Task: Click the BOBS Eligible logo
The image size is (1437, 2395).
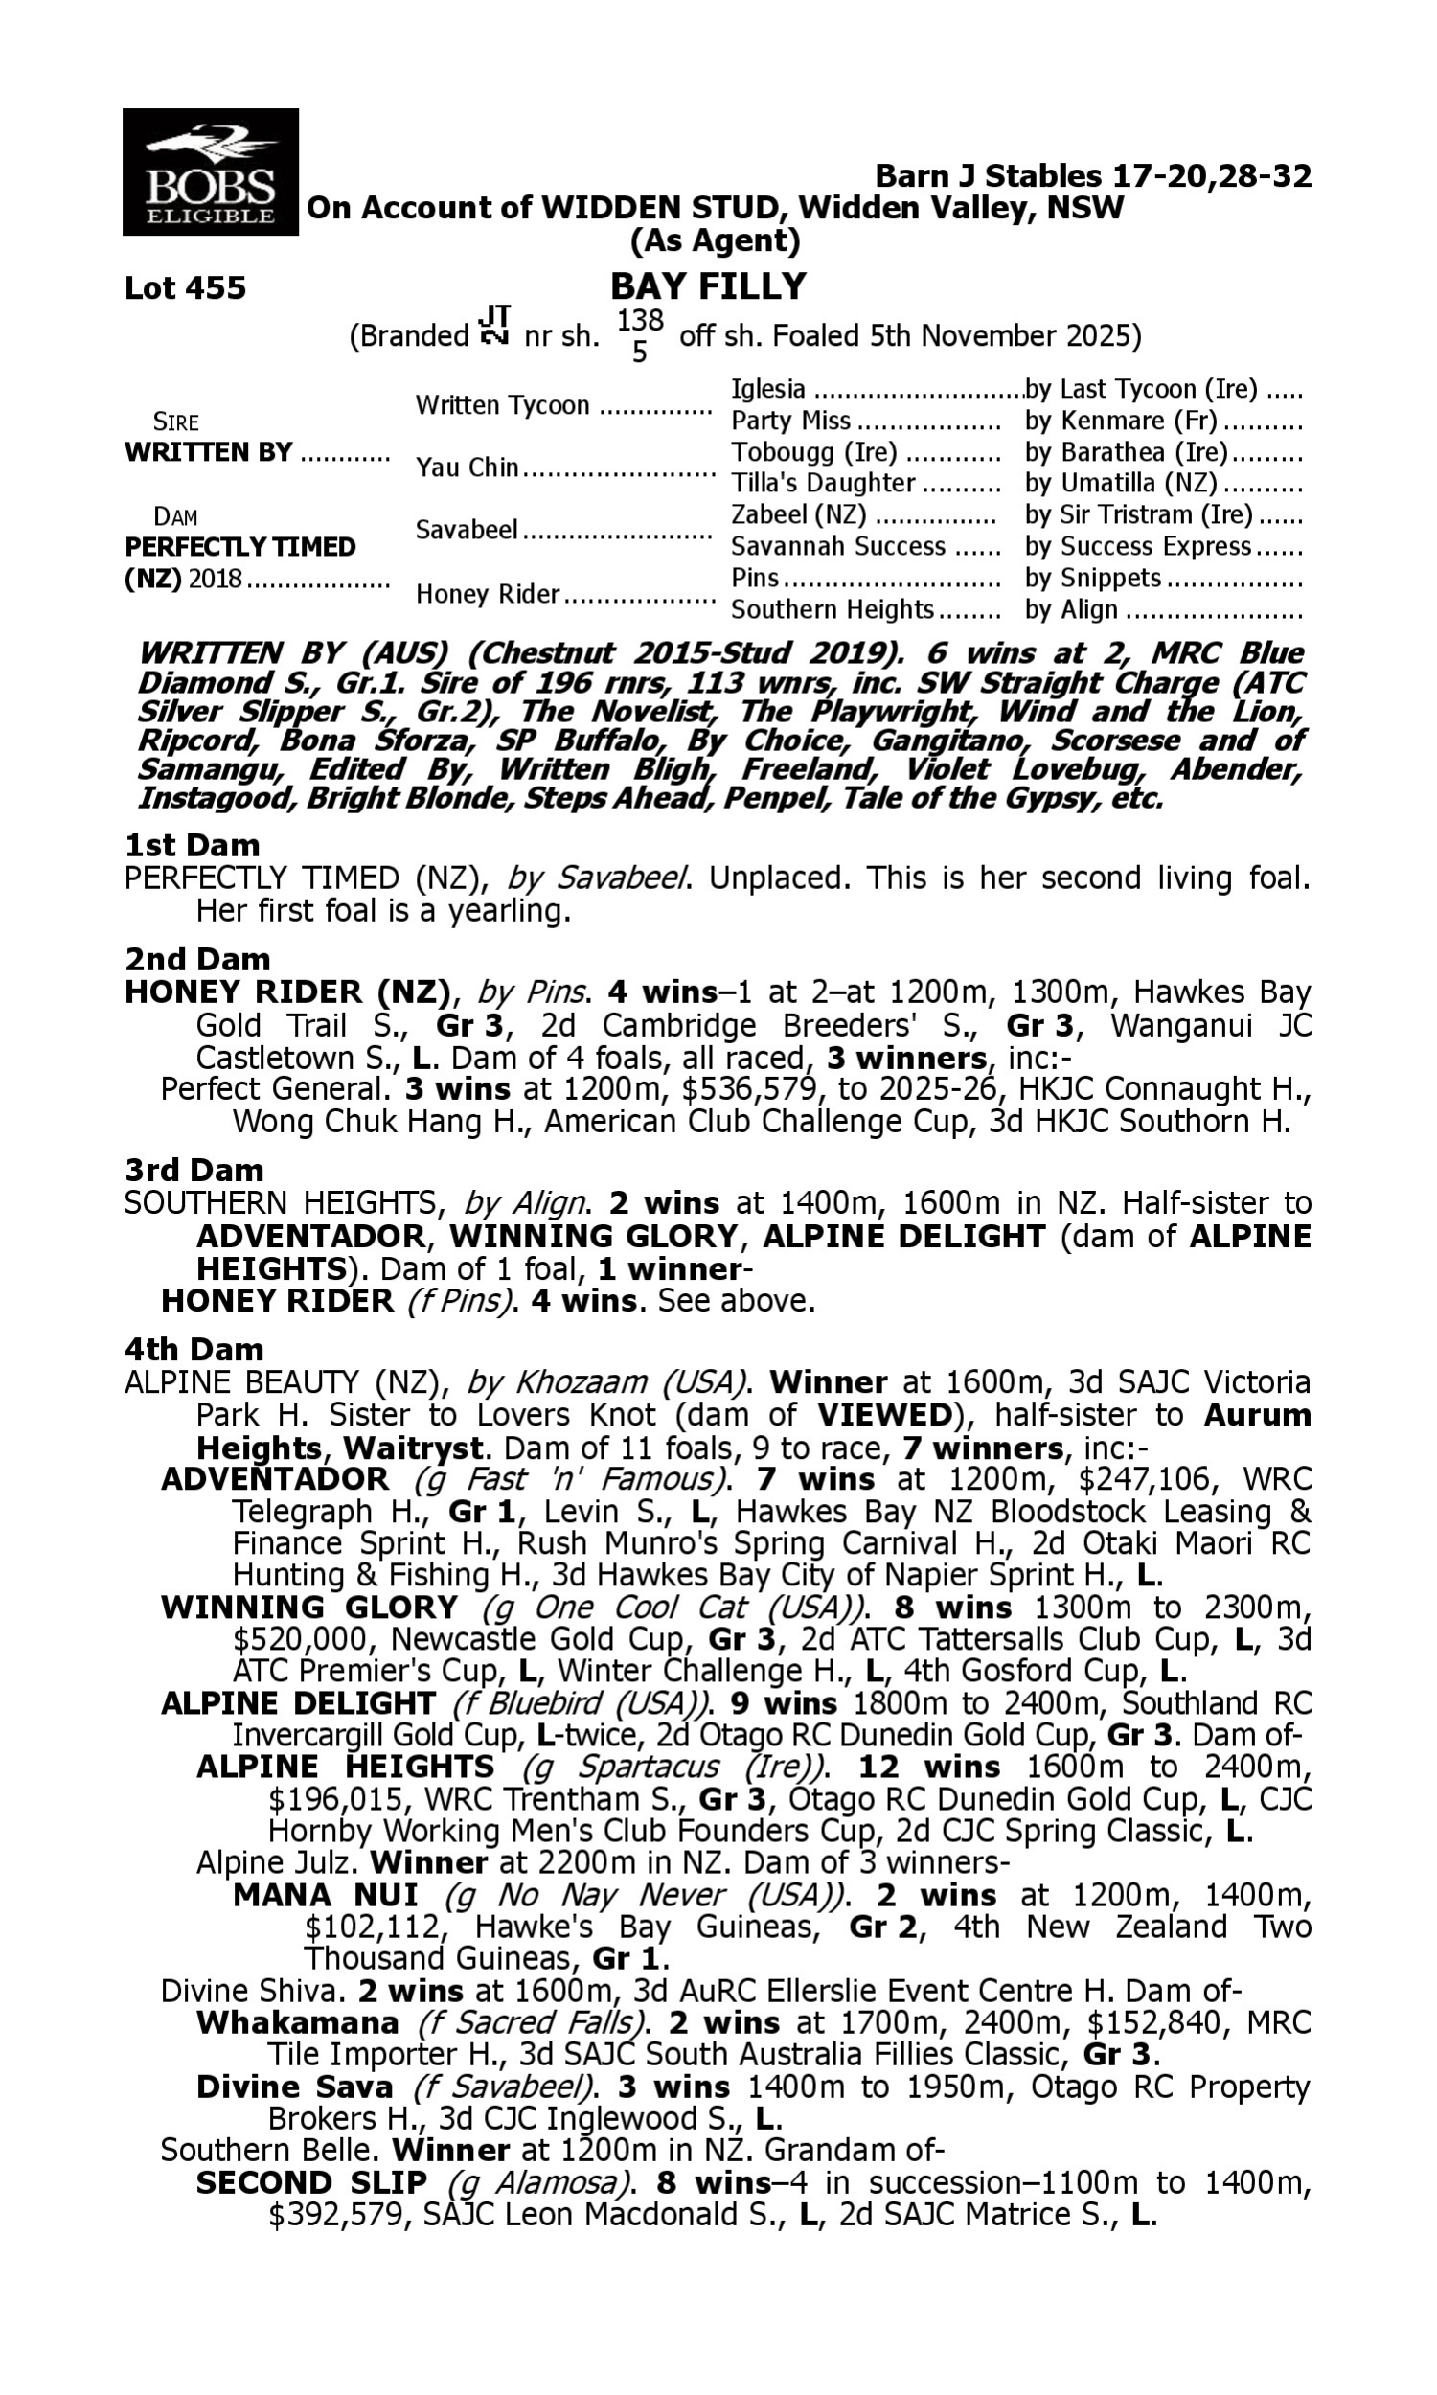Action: (210, 172)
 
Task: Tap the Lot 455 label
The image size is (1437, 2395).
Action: (185, 288)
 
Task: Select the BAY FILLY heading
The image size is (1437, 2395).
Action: (708, 286)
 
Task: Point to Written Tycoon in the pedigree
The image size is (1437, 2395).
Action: (502, 405)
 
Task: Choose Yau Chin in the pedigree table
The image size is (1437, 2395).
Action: (467, 468)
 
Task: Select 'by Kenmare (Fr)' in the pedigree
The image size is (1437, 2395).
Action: (1120, 422)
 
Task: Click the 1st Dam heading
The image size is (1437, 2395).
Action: (192, 845)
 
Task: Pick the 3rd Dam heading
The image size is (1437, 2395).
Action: (194, 1171)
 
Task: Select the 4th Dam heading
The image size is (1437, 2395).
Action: (194, 1349)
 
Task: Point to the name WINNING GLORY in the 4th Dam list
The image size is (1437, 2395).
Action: (308, 1607)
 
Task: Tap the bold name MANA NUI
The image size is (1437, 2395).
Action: (326, 1895)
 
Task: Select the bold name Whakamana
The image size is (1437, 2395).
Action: (297, 2023)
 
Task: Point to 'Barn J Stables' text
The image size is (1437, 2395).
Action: (988, 176)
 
